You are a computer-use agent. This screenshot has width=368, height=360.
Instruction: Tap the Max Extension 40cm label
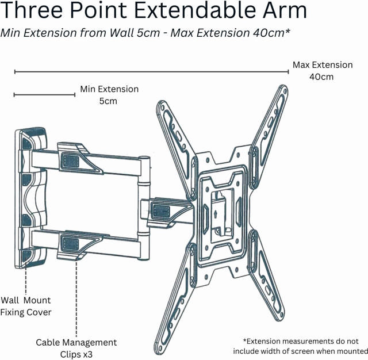click(x=322, y=71)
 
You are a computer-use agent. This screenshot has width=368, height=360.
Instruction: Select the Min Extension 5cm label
click(x=109, y=95)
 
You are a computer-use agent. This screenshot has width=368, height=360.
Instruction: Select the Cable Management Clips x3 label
click(x=76, y=348)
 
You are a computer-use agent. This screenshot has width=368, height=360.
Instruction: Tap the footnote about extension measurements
click(x=300, y=346)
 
